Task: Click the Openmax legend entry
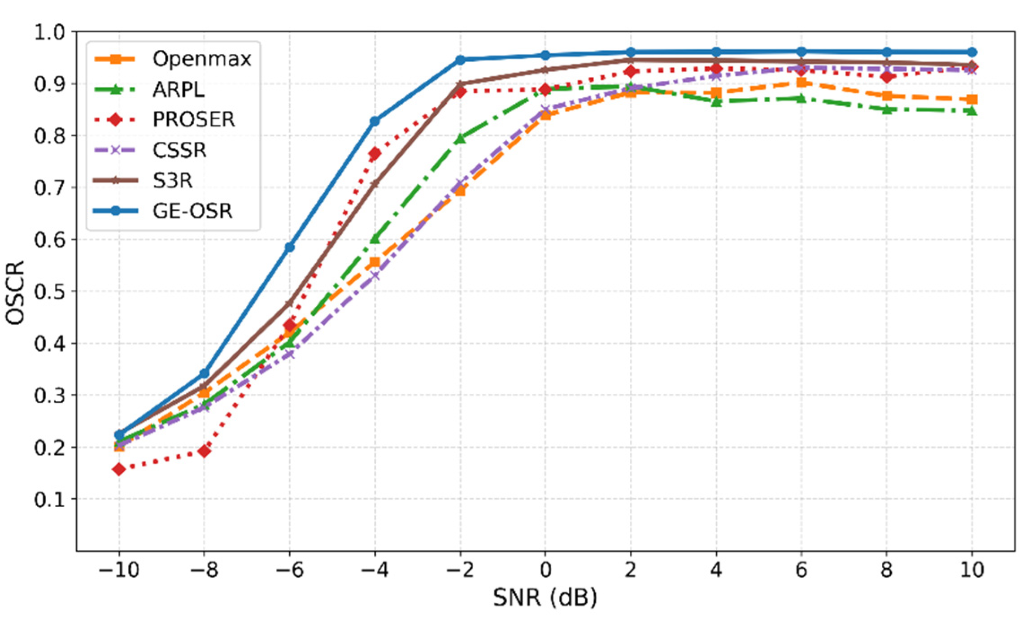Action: pos(202,59)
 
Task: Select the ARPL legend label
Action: pos(179,90)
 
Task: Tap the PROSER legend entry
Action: pos(194,119)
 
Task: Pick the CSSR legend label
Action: pos(179,150)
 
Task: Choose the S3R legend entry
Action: pos(173,180)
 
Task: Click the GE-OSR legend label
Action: pos(193,211)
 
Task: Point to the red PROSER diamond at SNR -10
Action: pos(119,470)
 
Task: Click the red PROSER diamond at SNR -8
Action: pos(204,451)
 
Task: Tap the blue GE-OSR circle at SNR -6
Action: pos(290,247)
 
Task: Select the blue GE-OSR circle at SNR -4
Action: pos(375,121)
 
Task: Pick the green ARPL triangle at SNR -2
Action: pos(460,139)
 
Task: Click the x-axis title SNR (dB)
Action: pos(545,598)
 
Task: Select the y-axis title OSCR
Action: pos(16,291)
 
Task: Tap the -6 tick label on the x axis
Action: pos(290,570)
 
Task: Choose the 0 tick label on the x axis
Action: pos(545,570)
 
